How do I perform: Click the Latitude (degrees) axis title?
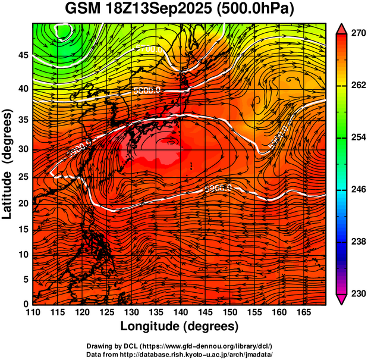click(8, 164)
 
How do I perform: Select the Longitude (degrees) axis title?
click(180, 326)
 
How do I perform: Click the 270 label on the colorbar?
click(355, 33)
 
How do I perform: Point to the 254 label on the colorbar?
click(355, 137)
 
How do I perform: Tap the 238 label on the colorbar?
click(355, 242)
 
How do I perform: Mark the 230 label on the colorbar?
click(355, 293)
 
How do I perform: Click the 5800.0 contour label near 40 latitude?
click(146, 90)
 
